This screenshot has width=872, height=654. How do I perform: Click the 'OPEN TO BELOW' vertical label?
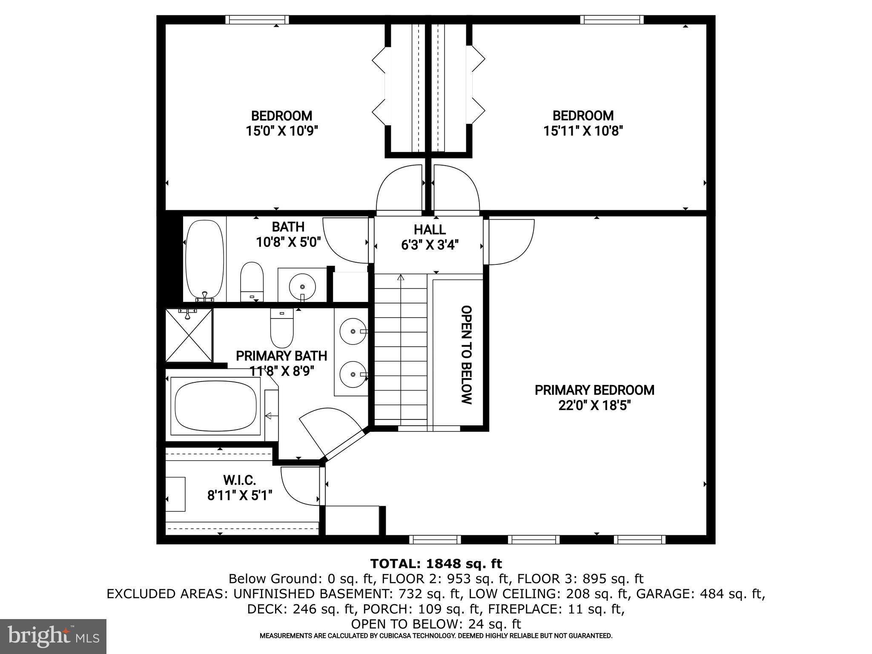(467, 355)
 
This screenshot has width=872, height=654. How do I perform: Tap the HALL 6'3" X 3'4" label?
(430, 237)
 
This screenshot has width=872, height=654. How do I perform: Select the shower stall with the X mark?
(189, 336)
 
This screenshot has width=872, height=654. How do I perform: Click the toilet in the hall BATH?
(252, 282)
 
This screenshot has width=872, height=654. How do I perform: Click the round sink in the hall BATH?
(302, 286)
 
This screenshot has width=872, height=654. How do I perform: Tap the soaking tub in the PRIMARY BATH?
(215, 405)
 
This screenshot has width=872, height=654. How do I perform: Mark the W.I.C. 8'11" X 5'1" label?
(240, 488)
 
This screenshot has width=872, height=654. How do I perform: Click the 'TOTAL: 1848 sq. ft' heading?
(436, 564)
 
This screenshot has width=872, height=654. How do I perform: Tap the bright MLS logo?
(53, 636)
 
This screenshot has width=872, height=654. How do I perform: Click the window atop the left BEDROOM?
(257, 20)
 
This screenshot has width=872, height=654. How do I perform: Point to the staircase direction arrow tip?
(400, 277)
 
